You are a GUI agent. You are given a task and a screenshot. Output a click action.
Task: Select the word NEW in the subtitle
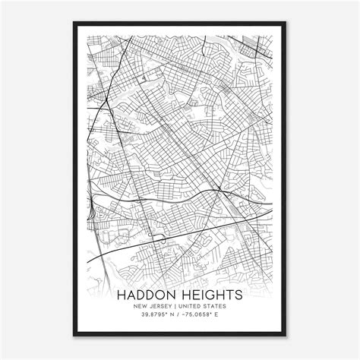pyautogui.click(x=137, y=305)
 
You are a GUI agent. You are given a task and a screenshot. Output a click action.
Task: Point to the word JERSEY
pyautogui.click(x=161, y=305)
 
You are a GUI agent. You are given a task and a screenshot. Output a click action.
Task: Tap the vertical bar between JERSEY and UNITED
pyautogui.click(x=178, y=305)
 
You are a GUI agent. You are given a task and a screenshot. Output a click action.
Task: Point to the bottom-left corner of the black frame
pyautogui.click(x=74, y=336)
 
